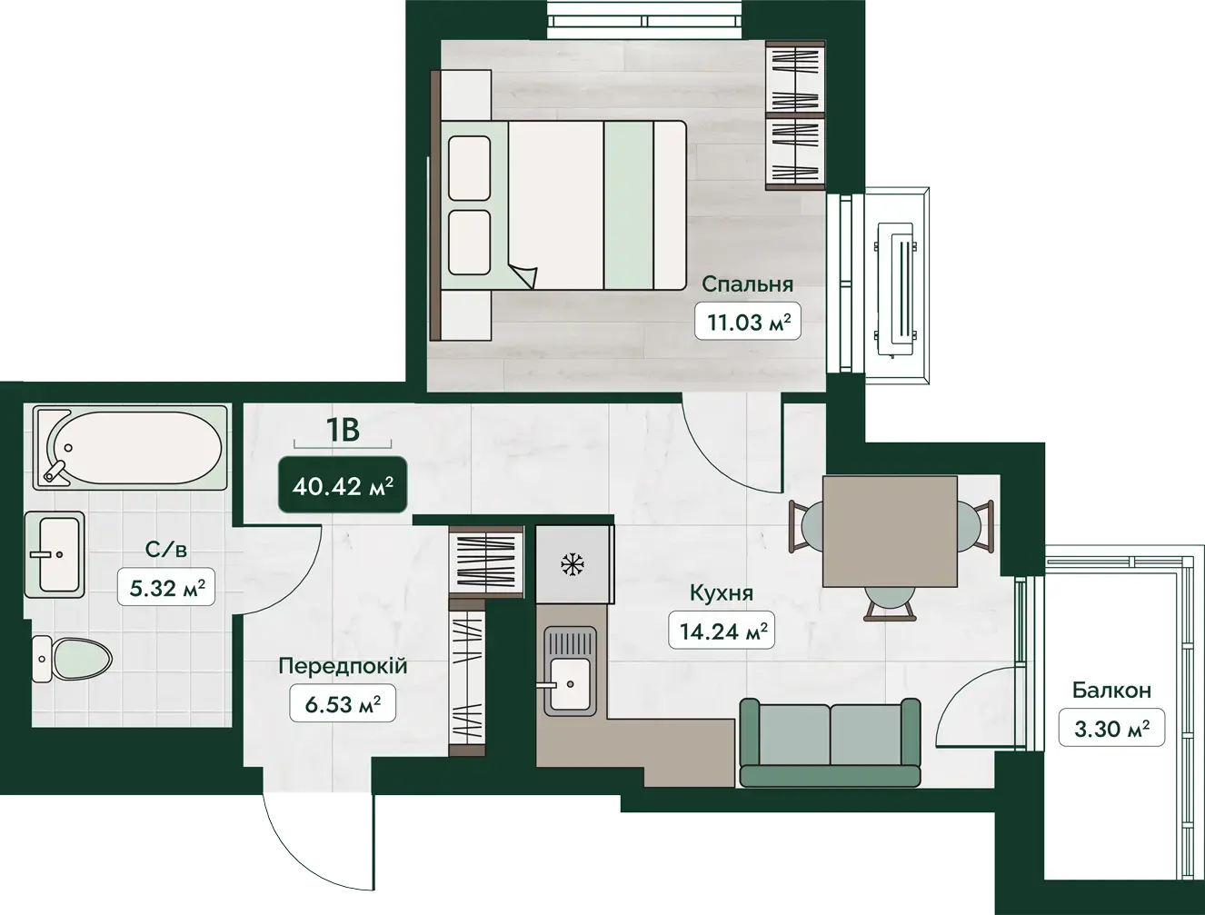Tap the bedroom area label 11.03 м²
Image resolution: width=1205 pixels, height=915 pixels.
point(748,321)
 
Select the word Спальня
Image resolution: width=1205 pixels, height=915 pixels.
point(748,284)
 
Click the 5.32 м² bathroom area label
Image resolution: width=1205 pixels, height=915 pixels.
point(166,587)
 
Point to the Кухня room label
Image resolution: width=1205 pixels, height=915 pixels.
point(721,592)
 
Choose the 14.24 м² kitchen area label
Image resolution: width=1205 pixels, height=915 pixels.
point(722,631)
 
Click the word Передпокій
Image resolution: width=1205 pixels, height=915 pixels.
point(343,666)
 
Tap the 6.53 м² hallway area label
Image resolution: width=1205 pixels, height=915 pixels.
point(343,703)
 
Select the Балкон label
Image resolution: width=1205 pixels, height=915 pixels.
point(1111,691)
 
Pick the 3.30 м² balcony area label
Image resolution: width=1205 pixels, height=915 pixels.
point(1111,728)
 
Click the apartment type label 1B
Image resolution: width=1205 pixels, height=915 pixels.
point(343,429)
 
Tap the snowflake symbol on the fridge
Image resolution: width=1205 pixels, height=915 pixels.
point(573,564)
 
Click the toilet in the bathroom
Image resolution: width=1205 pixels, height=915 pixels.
point(72,659)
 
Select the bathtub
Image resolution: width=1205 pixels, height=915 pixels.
point(130,447)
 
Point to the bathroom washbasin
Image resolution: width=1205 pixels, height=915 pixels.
point(55,554)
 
